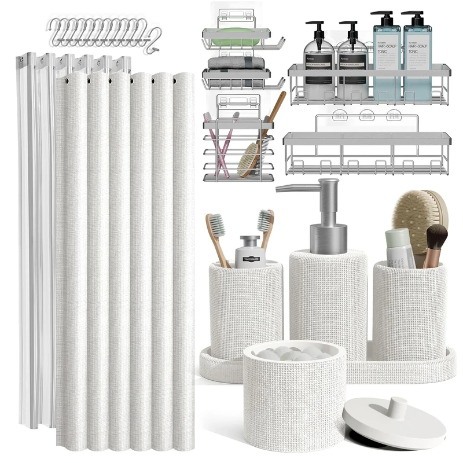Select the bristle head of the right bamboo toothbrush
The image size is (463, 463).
coord(266,220)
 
